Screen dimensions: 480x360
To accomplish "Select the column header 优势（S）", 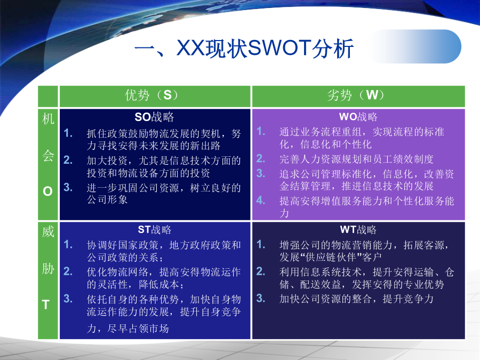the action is coord(151,95).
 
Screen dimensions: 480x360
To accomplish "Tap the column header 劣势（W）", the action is coord(355,95).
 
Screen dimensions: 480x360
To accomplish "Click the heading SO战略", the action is coord(154,117).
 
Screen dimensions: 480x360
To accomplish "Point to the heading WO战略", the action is coord(358,117).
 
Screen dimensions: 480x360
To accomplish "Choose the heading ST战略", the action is coord(155,229).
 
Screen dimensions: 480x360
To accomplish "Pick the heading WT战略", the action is coord(358,229).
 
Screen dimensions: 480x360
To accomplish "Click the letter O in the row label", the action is coord(48,191).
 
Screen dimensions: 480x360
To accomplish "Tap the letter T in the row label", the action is coord(46,305).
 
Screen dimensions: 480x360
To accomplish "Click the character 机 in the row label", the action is coord(48,119).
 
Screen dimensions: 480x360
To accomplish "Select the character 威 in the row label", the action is coord(48,231).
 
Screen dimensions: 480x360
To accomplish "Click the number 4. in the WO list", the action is coord(260,201).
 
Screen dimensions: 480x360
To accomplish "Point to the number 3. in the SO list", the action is coord(68,187).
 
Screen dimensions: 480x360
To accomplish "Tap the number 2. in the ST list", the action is coord(68,271).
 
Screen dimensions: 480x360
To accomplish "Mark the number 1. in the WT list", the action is coord(260,244).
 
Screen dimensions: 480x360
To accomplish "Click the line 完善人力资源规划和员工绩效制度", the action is coord(356,159).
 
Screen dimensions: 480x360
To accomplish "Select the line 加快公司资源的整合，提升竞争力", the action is coord(356,299).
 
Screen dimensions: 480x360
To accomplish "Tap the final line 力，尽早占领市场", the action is coord(127,329).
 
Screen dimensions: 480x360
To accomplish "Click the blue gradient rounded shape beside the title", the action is coord(415,46).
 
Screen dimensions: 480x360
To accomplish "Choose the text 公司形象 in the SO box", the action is coord(107,199).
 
